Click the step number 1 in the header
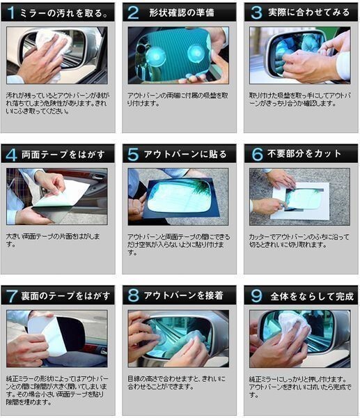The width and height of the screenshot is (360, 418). pos(12,13)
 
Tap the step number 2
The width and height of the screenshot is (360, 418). pos(132,13)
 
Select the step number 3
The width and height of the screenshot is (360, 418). pos(256,13)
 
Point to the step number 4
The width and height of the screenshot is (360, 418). pos(12,155)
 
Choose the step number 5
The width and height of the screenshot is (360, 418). pos(133,155)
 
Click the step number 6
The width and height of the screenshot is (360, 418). pos(256,155)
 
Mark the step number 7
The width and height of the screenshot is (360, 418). pos(12,296)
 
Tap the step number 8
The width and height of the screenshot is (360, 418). pos(133,296)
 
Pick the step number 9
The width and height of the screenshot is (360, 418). pos(256,296)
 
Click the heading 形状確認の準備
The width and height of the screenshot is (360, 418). pos(181,13)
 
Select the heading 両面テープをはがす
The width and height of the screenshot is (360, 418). pos(62,155)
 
